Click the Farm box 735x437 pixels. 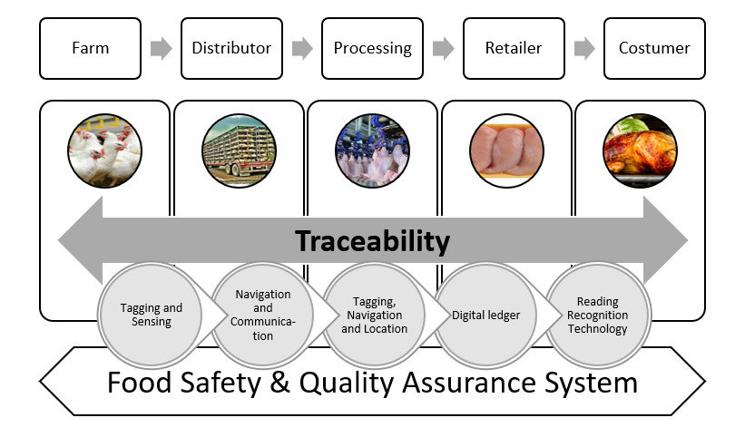(90, 48)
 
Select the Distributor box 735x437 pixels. (231, 48)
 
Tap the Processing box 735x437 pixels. (372, 48)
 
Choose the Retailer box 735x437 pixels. (514, 48)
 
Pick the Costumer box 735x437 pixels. (654, 48)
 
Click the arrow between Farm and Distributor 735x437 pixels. (161, 49)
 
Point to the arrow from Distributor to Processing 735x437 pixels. (302, 49)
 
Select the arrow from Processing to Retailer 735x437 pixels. (443, 49)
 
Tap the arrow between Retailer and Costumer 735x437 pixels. (584, 49)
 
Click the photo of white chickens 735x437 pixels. (104, 151)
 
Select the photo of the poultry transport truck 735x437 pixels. (239, 151)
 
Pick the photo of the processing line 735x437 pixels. (372, 151)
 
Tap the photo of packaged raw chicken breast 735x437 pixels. (506, 151)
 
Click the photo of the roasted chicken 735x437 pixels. (640, 151)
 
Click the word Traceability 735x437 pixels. (372, 241)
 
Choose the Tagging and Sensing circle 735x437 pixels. (151, 315)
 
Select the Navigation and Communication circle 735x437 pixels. (263, 315)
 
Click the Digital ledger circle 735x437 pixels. (487, 315)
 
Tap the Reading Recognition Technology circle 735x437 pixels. (597, 315)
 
